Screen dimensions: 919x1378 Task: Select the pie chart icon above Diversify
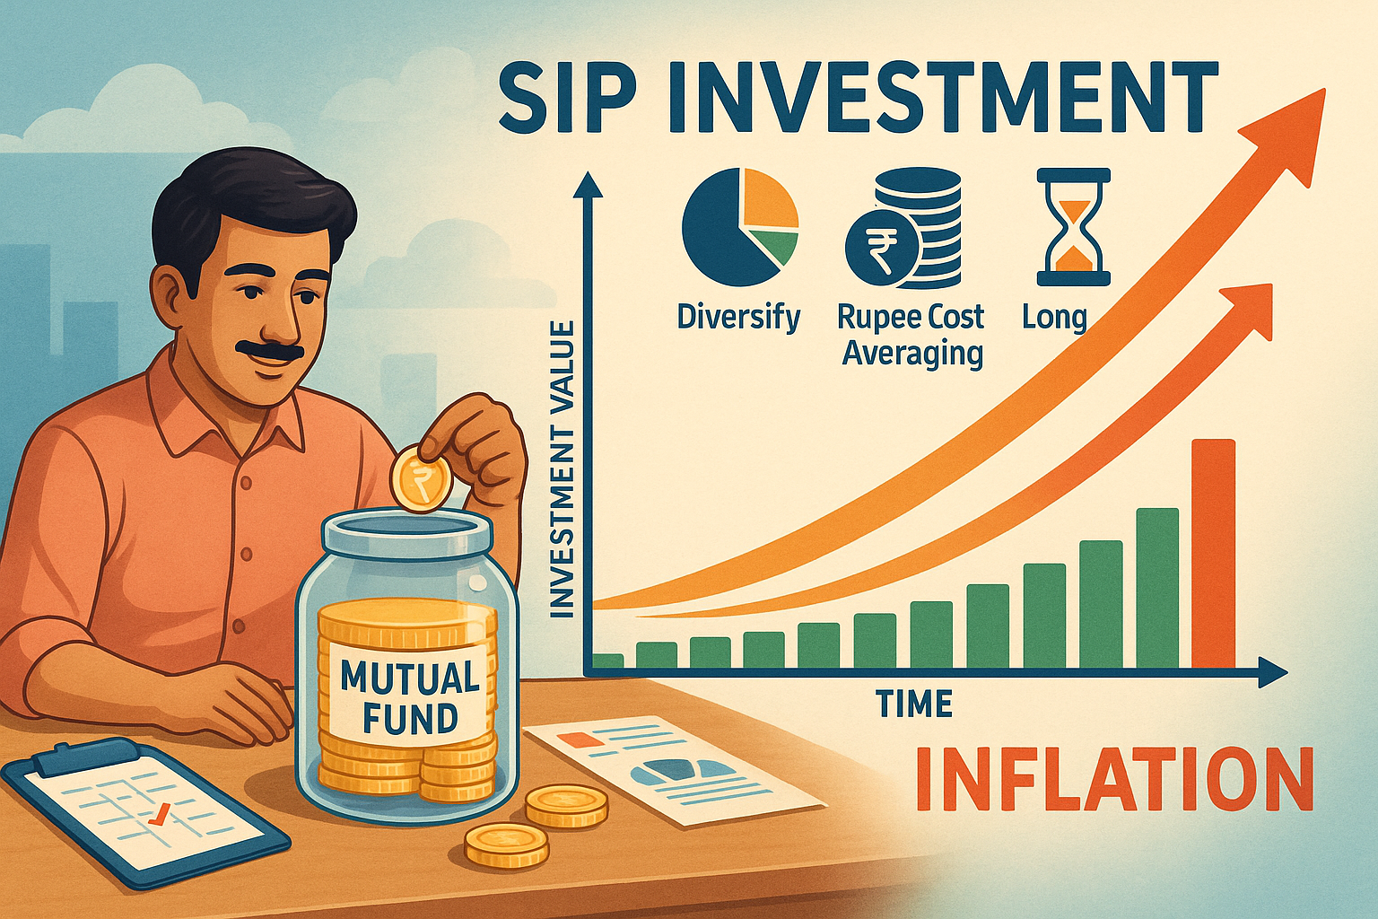click(739, 226)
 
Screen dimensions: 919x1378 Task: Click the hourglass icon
click(1073, 227)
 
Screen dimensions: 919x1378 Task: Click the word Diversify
click(738, 319)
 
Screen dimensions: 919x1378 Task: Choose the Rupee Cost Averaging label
click(911, 336)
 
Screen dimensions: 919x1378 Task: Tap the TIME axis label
click(914, 705)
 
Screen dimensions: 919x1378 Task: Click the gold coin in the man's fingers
click(419, 479)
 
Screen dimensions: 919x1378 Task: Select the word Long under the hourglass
click(1055, 319)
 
